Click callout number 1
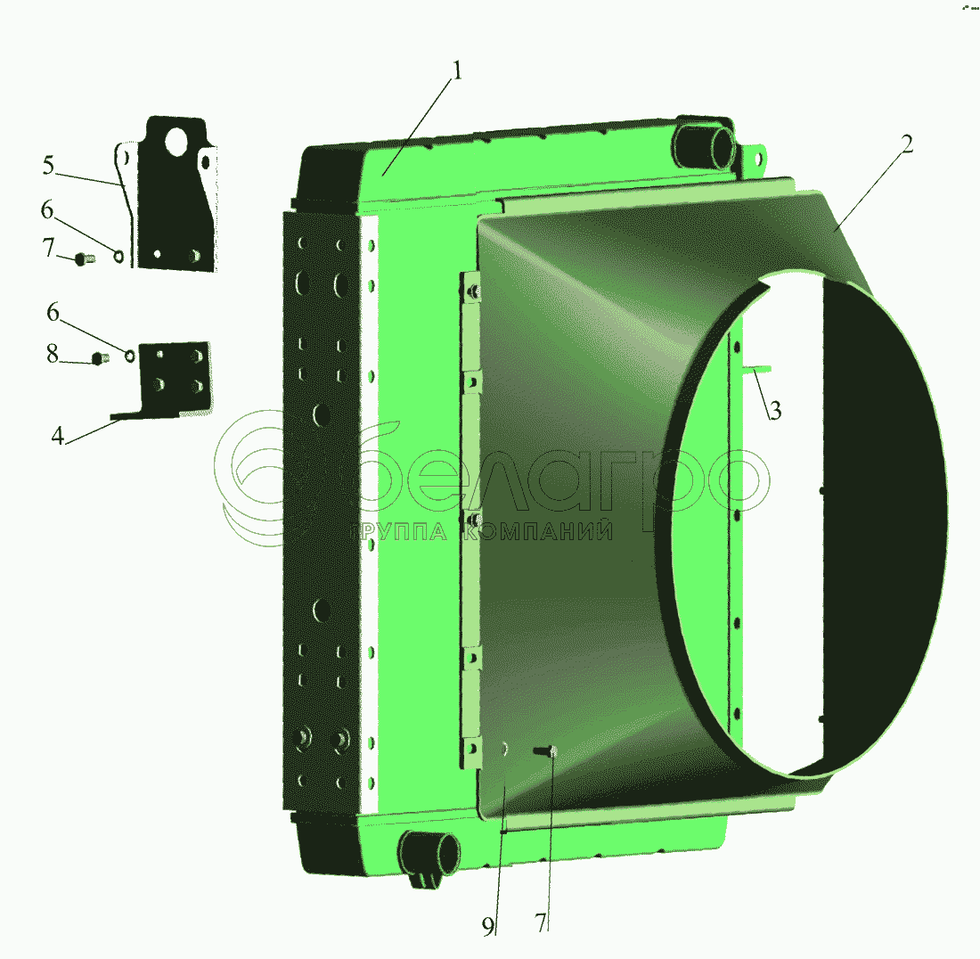(x=457, y=70)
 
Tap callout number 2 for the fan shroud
(x=907, y=144)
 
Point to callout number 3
(x=775, y=411)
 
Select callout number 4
(x=58, y=436)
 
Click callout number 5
(x=49, y=166)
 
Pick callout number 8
(x=53, y=354)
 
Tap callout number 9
(x=488, y=927)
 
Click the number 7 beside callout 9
(x=541, y=922)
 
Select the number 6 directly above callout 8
(x=53, y=312)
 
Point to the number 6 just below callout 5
(x=47, y=210)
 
